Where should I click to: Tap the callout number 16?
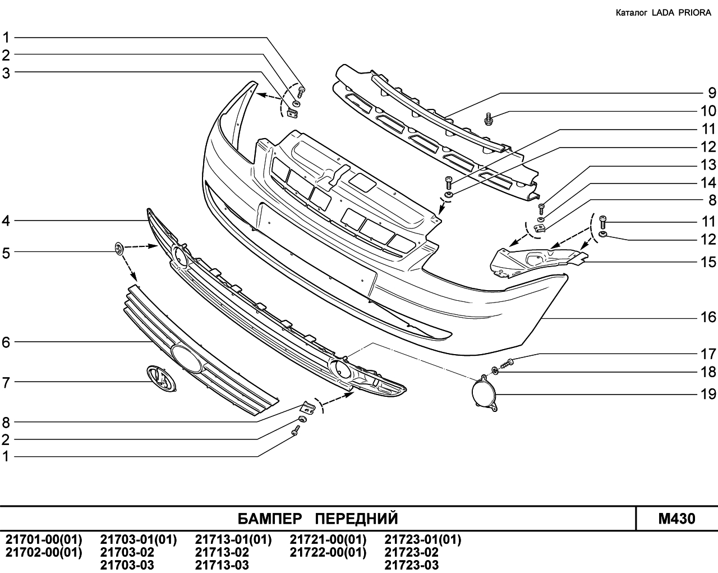pos(708,317)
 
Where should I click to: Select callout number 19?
pos(708,395)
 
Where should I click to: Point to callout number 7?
pos(6,383)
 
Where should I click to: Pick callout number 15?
pos(708,263)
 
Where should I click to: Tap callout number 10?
pos(708,111)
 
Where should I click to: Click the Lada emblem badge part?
pos(162,378)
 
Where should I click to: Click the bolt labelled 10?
pos(489,118)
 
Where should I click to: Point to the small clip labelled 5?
pos(119,249)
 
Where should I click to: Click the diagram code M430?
pos(676,519)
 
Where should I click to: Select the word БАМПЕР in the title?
pos(270,519)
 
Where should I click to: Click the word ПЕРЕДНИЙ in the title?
pos(357,519)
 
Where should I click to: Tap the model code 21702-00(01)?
pos(44,553)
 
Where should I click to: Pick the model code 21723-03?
pos(411,565)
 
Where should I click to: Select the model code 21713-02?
pos(222,553)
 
